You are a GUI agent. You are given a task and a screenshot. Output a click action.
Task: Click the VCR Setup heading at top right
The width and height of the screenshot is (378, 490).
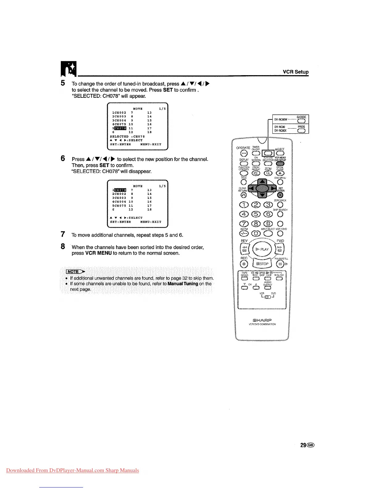(x=296, y=72)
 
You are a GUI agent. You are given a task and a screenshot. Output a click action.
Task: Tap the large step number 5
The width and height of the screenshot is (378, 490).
(x=63, y=83)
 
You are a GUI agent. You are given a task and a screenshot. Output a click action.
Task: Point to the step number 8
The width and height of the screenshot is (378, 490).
(x=63, y=247)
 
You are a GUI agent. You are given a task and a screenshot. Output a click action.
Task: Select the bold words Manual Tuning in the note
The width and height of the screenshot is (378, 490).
(x=183, y=284)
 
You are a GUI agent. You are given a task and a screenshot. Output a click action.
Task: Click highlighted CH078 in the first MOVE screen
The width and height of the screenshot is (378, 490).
(x=120, y=128)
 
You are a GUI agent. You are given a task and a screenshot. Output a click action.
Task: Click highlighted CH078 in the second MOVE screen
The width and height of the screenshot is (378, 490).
(x=120, y=190)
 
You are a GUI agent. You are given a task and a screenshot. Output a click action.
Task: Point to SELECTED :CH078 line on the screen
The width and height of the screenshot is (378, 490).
(x=127, y=136)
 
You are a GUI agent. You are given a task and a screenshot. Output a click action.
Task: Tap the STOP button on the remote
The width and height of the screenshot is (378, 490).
(x=262, y=264)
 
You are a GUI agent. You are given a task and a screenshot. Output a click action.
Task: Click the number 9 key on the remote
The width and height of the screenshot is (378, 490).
(x=269, y=224)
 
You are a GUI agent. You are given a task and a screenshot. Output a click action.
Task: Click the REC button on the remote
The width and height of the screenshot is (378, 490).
(x=244, y=264)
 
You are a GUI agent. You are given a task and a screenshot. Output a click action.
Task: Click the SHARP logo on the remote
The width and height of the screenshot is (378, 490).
(x=262, y=320)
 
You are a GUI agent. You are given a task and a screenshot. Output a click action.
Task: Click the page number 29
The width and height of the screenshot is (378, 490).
(x=304, y=445)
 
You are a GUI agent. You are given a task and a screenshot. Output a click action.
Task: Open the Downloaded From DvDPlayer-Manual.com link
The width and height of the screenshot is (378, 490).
(x=73, y=471)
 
